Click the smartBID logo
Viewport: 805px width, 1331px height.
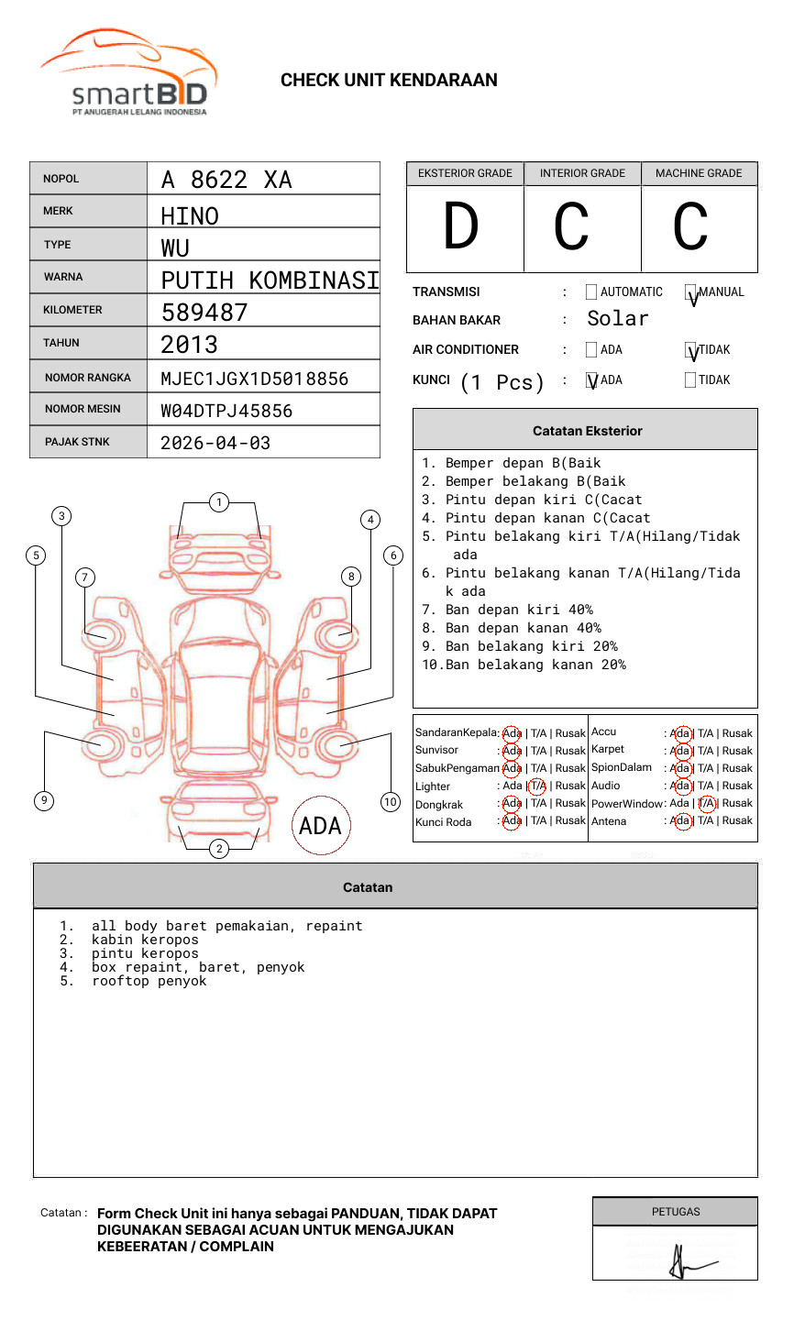128,73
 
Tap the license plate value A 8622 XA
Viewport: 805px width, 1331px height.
226,180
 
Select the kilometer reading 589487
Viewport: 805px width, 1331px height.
204,313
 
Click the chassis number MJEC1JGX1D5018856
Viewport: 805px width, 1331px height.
254,379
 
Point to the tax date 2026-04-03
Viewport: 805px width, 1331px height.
215,443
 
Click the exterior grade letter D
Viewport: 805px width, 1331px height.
461,226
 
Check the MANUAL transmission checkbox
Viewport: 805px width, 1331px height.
691,292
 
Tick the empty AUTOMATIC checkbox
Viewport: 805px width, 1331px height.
591,292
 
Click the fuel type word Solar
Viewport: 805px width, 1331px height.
617,319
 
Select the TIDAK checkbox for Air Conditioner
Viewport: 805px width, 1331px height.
691,350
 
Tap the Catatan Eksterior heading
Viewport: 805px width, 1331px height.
587,431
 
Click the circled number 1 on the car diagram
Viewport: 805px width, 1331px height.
218,501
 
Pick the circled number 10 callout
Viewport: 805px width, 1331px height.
391,802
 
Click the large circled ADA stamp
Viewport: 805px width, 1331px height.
320,826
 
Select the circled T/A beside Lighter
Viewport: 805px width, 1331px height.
537,786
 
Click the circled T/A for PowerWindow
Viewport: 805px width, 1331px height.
706,803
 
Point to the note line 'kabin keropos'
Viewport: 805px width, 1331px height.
145,940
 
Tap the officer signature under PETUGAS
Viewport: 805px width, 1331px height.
683,1262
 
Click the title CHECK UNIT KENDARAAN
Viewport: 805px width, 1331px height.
389,80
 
